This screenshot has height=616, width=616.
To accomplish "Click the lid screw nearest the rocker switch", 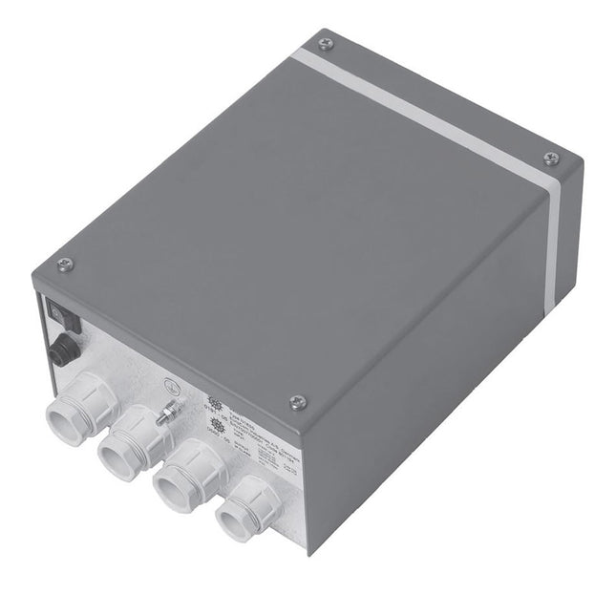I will (65, 264).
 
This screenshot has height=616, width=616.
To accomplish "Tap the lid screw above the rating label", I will (297, 402).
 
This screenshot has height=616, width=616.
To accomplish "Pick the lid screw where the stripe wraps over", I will (550, 159).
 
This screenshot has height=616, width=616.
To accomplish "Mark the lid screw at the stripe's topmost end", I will (326, 43).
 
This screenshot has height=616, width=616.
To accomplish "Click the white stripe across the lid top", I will (430, 105).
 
